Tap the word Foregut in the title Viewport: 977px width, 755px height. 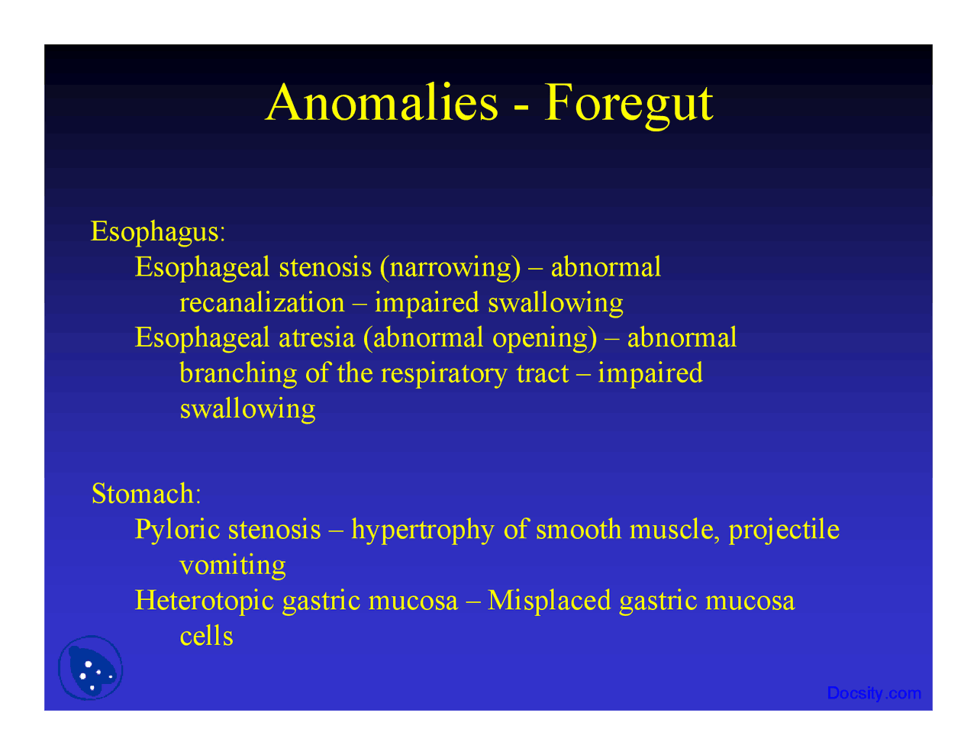click(x=628, y=103)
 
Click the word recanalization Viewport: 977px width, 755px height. click(x=262, y=302)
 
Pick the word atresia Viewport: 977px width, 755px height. click(x=317, y=337)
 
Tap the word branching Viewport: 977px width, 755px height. click(x=238, y=373)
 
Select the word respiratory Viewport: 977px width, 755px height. click(x=443, y=373)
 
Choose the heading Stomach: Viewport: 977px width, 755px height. click(x=146, y=493)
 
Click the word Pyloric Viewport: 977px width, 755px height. click(x=178, y=529)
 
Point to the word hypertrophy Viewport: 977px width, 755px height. click(x=422, y=529)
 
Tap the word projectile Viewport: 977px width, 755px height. click(x=784, y=529)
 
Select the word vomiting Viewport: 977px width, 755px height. click(x=233, y=565)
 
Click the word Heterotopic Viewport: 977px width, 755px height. click(x=204, y=600)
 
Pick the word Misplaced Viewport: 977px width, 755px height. click(x=550, y=600)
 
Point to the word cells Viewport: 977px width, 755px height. click(x=206, y=636)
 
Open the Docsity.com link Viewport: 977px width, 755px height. click(x=874, y=693)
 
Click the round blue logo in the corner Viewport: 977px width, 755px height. click(x=91, y=669)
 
